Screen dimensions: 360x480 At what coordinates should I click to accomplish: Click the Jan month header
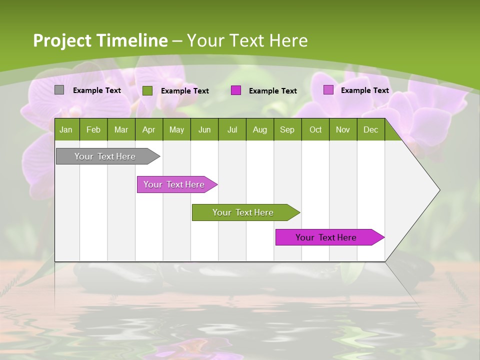66,130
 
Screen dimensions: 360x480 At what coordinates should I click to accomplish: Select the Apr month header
148,130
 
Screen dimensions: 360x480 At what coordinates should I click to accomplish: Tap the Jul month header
232,130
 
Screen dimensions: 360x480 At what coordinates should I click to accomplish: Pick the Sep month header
287,130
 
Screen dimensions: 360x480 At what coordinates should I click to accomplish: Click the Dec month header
370,130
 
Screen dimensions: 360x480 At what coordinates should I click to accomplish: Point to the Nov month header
342,130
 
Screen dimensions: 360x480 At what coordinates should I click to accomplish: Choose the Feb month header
93,130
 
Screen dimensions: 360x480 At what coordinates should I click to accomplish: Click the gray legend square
59,90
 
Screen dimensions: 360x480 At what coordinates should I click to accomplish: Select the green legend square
147,90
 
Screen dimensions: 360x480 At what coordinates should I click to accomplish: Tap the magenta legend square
236,90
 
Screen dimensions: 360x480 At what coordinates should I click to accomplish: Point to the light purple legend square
328,90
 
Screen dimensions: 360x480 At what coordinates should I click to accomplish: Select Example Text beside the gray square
97,90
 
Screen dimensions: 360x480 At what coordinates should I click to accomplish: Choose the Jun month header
204,130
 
